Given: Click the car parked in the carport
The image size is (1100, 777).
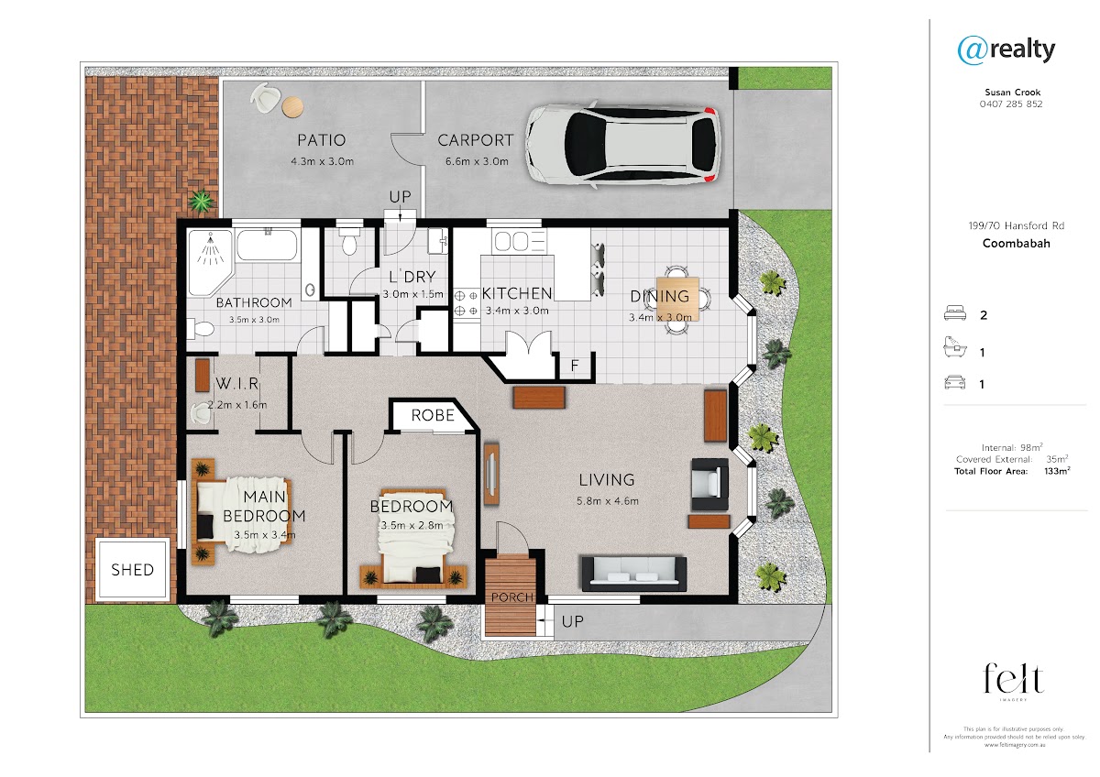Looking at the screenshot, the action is [x=623, y=145].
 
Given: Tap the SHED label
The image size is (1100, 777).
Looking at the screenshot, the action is [x=133, y=570].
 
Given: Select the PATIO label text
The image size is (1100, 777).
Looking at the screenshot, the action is [x=322, y=140].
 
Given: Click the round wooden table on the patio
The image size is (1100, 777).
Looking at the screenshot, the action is [x=292, y=106].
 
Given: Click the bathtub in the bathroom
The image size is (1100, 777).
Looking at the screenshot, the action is [x=267, y=244].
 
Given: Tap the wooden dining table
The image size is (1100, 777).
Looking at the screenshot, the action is [x=677, y=299].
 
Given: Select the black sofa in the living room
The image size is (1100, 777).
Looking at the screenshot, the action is [x=634, y=573].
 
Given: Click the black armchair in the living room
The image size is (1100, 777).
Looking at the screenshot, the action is [x=709, y=485].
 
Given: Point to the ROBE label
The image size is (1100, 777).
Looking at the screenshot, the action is [x=433, y=416].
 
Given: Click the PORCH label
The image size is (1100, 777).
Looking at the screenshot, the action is [x=512, y=597].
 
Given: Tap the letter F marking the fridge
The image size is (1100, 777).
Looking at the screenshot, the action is [x=575, y=366].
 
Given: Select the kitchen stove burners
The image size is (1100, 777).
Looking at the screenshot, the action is [x=466, y=303].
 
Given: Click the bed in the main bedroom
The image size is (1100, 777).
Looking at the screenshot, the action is [x=242, y=514].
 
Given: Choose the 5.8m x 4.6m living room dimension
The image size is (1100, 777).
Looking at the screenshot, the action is [x=608, y=501].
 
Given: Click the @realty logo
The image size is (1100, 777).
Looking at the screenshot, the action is [x=1006, y=50].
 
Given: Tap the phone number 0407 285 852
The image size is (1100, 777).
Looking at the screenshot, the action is [x=1011, y=104].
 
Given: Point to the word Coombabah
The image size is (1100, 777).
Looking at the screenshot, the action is [x=1016, y=244].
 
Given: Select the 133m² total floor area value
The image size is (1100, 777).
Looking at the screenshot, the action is [x=1057, y=471].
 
